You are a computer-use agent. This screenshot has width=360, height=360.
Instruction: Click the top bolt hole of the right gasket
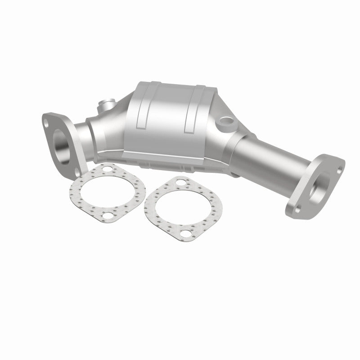(180, 184)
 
